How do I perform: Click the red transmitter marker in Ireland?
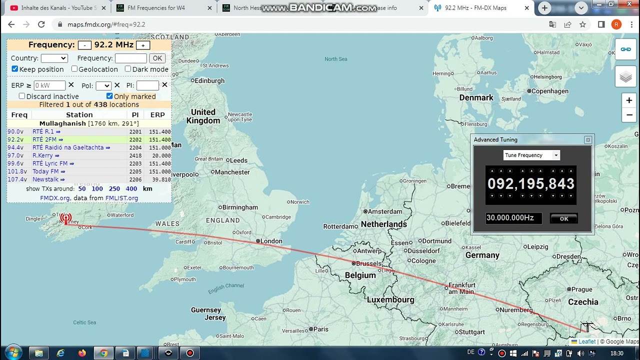65,218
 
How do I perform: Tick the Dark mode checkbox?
128,69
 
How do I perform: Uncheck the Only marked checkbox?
109,96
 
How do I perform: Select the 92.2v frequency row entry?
15,139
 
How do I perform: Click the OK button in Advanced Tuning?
563,218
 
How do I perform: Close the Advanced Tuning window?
588,140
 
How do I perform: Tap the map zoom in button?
629,100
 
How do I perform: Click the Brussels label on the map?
368,263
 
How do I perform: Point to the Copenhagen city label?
550,91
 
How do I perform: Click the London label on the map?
271,241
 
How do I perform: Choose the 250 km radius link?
114,188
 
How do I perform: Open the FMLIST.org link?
121,198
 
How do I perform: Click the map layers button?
625,76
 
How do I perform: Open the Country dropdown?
54,58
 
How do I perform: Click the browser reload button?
41,24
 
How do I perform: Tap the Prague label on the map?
581,289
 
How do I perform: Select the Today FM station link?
45,171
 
